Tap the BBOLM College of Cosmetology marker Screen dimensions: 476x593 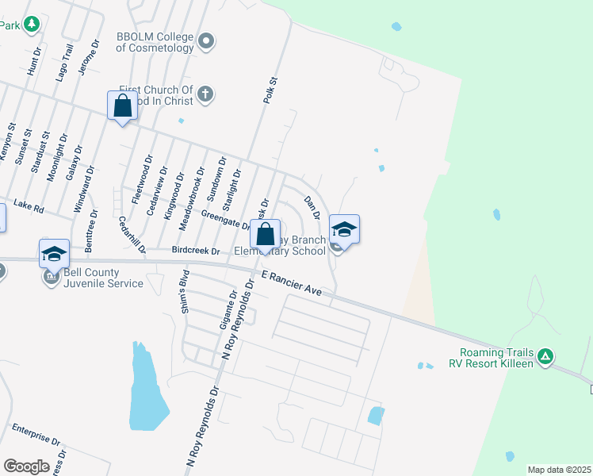206,40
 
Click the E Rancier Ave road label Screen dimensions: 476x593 293,282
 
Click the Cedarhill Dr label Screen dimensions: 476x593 132,235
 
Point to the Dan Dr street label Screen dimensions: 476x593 312,208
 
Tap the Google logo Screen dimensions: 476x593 26,466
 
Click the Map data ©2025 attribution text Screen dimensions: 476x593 559,470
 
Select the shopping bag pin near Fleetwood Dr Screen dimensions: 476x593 123,106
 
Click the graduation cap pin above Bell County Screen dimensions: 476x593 54,254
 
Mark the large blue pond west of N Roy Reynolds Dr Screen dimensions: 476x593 147,389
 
